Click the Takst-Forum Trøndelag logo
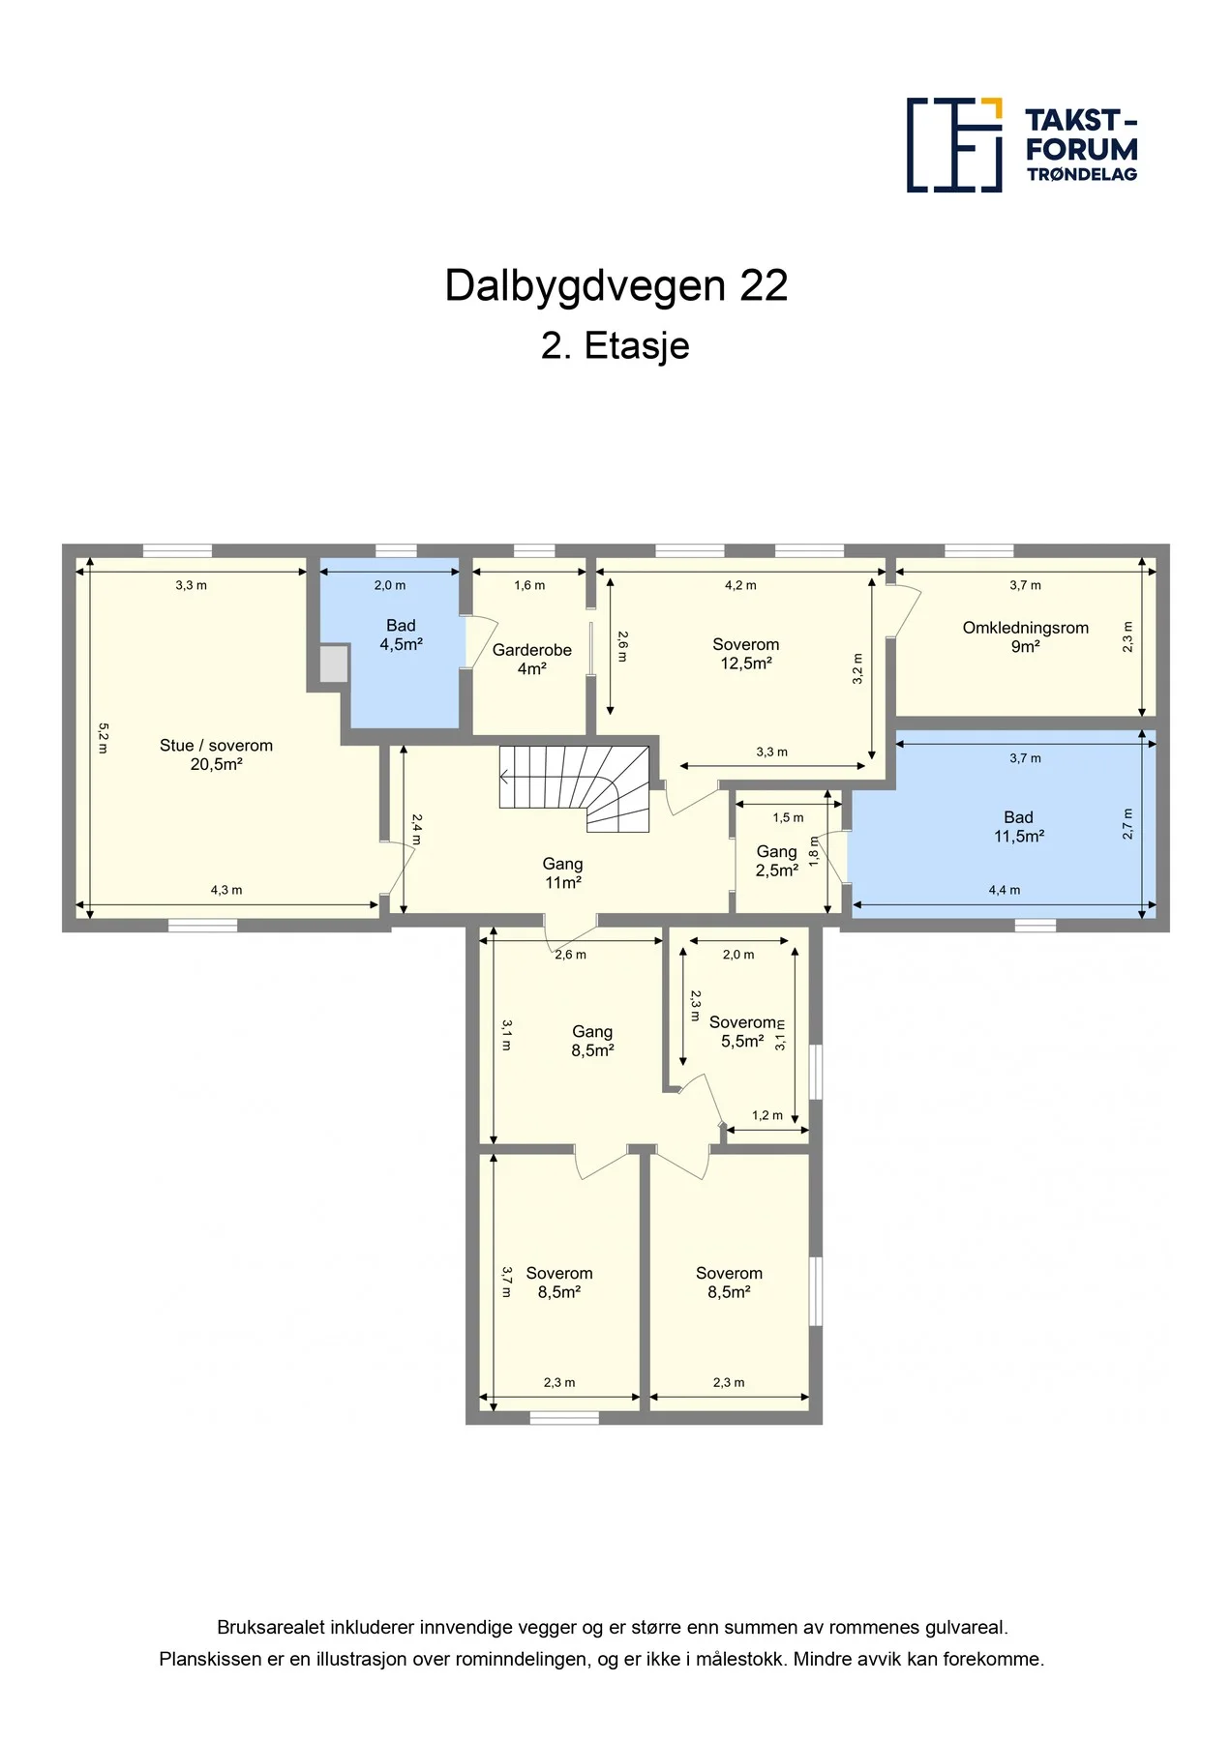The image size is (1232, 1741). (x=1022, y=145)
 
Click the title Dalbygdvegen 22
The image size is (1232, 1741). (x=616, y=286)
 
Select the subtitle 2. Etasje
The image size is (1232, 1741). (x=616, y=345)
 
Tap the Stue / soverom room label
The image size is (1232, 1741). (x=216, y=754)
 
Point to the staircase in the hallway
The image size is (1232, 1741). (x=575, y=787)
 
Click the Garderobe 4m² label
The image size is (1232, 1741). (x=531, y=660)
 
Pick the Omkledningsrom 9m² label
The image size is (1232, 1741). (x=1025, y=637)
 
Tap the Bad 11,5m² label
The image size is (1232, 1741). (x=1019, y=827)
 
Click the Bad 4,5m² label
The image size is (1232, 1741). (x=401, y=635)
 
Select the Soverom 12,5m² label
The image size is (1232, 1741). (x=745, y=654)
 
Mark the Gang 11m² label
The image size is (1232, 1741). (x=562, y=873)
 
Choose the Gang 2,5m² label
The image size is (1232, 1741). (x=777, y=861)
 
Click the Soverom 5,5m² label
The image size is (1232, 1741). (x=743, y=1032)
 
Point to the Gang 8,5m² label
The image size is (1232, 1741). (x=592, y=1042)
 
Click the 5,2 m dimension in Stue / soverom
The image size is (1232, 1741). (x=104, y=738)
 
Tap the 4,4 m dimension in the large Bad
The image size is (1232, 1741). (x=1005, y=890)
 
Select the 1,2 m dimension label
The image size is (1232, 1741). (x=767, y=1115)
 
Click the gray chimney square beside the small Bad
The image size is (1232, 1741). (x=334, y=664)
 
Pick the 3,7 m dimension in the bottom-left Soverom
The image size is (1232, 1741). (x=506, y=1282)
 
